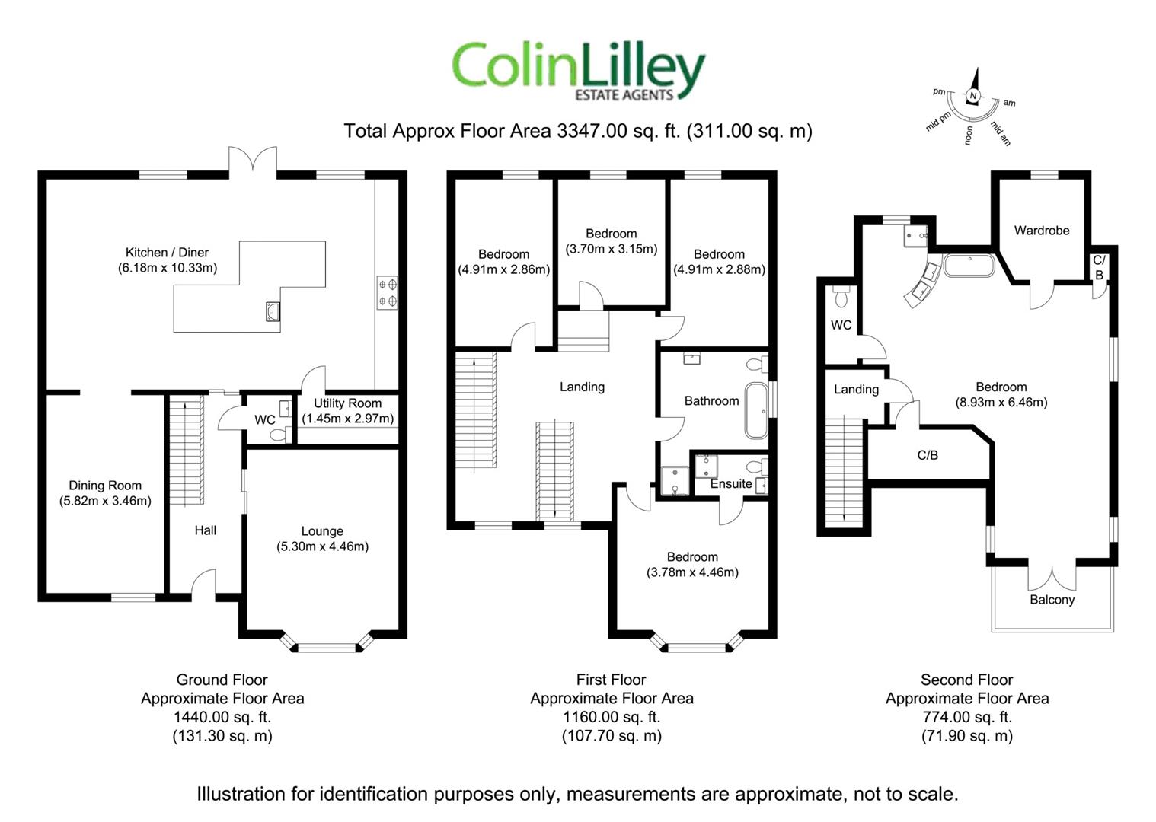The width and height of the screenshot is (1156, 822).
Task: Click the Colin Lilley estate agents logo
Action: (x=579, y=70)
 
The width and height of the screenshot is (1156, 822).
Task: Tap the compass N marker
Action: (x=972, y=96)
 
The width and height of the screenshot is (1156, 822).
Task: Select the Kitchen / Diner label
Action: (x=167, y=252)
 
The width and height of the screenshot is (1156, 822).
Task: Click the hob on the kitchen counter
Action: (x=387, y=293)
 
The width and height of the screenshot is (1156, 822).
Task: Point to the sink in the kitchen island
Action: (x=273, y=311)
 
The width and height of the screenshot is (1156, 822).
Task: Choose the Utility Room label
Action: (x=347, y=403)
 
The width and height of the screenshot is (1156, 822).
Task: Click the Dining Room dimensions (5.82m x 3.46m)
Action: (x=105, y=501)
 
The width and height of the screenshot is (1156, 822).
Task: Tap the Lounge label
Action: (x=322, y=531)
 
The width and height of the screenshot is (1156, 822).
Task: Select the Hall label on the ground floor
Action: (x=206, y=530)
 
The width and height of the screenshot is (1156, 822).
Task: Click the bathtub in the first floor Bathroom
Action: (x=757, y=411)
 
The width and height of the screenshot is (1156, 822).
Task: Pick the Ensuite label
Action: (x=731, y=484)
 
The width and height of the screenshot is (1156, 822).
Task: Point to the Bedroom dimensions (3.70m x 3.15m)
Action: (x=611, y=249)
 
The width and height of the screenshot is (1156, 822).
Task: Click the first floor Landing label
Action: (x=582, y=387)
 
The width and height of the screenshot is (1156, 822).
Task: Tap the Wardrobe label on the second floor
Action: (x=1042, y=230)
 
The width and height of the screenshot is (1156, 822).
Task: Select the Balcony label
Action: (x=1052, y=600)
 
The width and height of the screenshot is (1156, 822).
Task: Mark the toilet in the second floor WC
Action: (x=841, y=294)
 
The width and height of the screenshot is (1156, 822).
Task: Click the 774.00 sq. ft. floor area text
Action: (x=966, y=717)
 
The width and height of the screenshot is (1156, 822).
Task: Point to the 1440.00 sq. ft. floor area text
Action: (x=222, y=717)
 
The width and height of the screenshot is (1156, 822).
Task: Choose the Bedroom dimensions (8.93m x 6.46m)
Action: (x=1001, y=402)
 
